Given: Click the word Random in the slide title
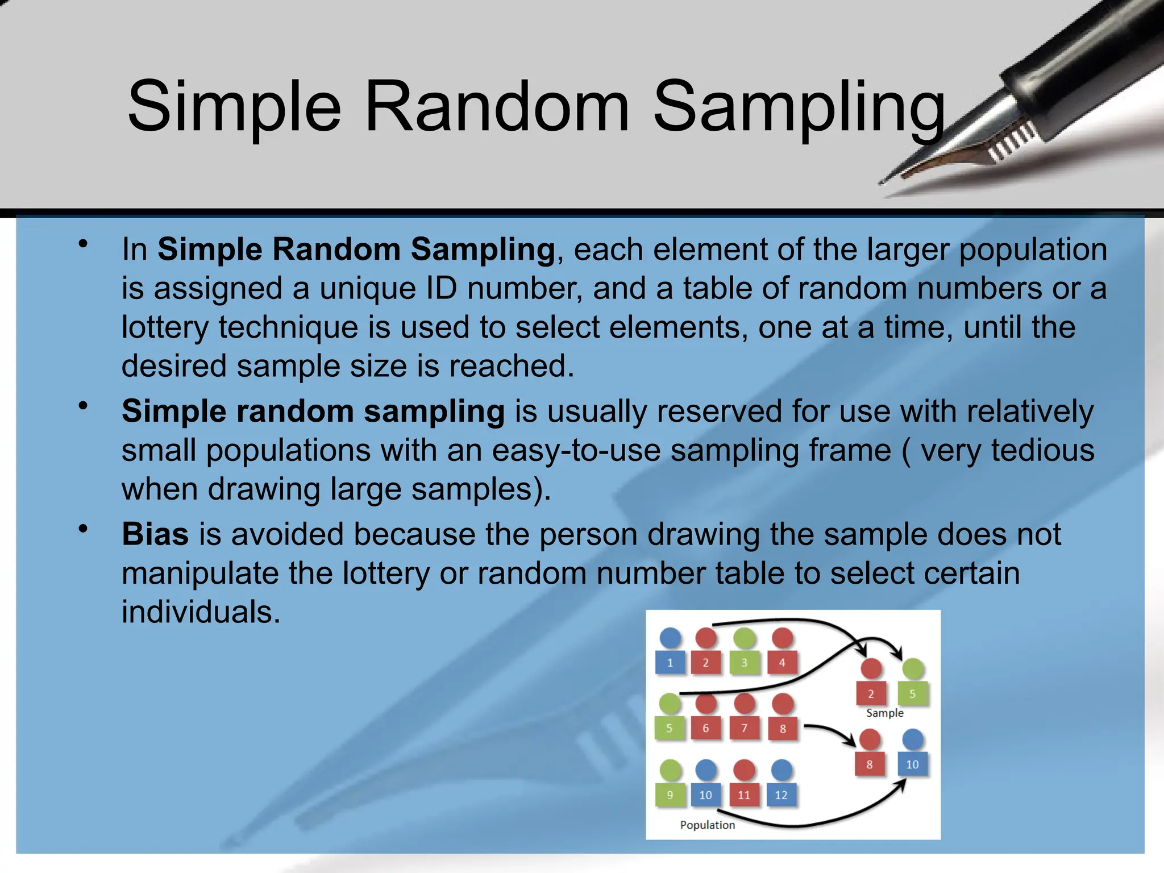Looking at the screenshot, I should click(x=496, y=107).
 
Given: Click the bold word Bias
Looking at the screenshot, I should click(x=155, y=534).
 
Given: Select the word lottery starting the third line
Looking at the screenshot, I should click(x=164, y=328).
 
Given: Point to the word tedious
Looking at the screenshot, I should click(x=1042, y=450).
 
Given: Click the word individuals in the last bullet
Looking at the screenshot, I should click(x=201, y=612).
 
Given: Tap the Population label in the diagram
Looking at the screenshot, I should click(x=707, y=825).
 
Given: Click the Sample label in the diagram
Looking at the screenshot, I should click(x=884, y=713).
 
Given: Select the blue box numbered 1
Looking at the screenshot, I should click(x=670, y=663).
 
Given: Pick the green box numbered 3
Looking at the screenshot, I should click(x=744, y=663).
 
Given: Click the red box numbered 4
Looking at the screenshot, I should click(x=782, y=663).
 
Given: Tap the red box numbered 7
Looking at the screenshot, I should click(x=744, y=728).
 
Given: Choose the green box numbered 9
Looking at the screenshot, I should click(x=670, y=795).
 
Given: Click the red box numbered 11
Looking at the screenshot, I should click(x=744, y=795).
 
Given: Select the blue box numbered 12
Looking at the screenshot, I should click(x=781, y=795).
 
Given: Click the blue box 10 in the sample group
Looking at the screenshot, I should click(x=912, y=764).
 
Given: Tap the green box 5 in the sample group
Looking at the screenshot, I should click(x=912, y=694).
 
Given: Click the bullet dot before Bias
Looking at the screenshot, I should click(x=84, y=529).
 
